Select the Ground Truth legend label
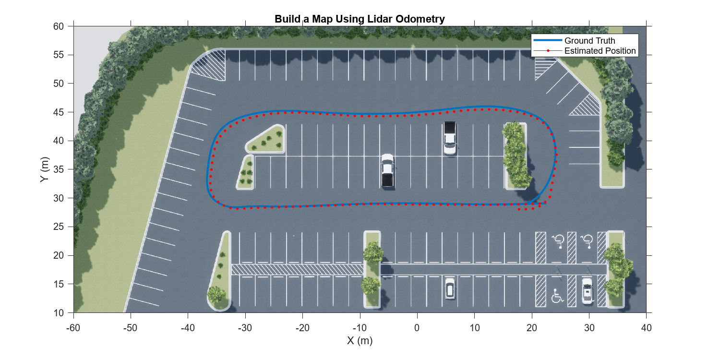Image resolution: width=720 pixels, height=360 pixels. pyautogui.click(x=589, y=41)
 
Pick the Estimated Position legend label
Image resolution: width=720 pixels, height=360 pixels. pyautogui.click(x=600, y=51)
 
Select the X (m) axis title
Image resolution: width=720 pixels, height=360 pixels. pyautogui.click(x=360, y=341)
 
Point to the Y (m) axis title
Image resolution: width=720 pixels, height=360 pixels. pyautogui.click(x=44, y=169)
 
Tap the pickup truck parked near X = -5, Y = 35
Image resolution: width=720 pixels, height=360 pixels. pyautogui.click(x=387, y=170)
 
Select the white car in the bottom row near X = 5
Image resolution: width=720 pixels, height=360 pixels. pyautogui.click(x=450, y=288)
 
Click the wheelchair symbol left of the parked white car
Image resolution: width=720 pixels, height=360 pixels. pyautogui.click(x=557, y=296)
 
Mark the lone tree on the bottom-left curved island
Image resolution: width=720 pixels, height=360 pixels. pyautogui.click(x=216, y=294)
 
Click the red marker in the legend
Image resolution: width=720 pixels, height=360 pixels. pyautogui.click(x=547, y=51)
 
